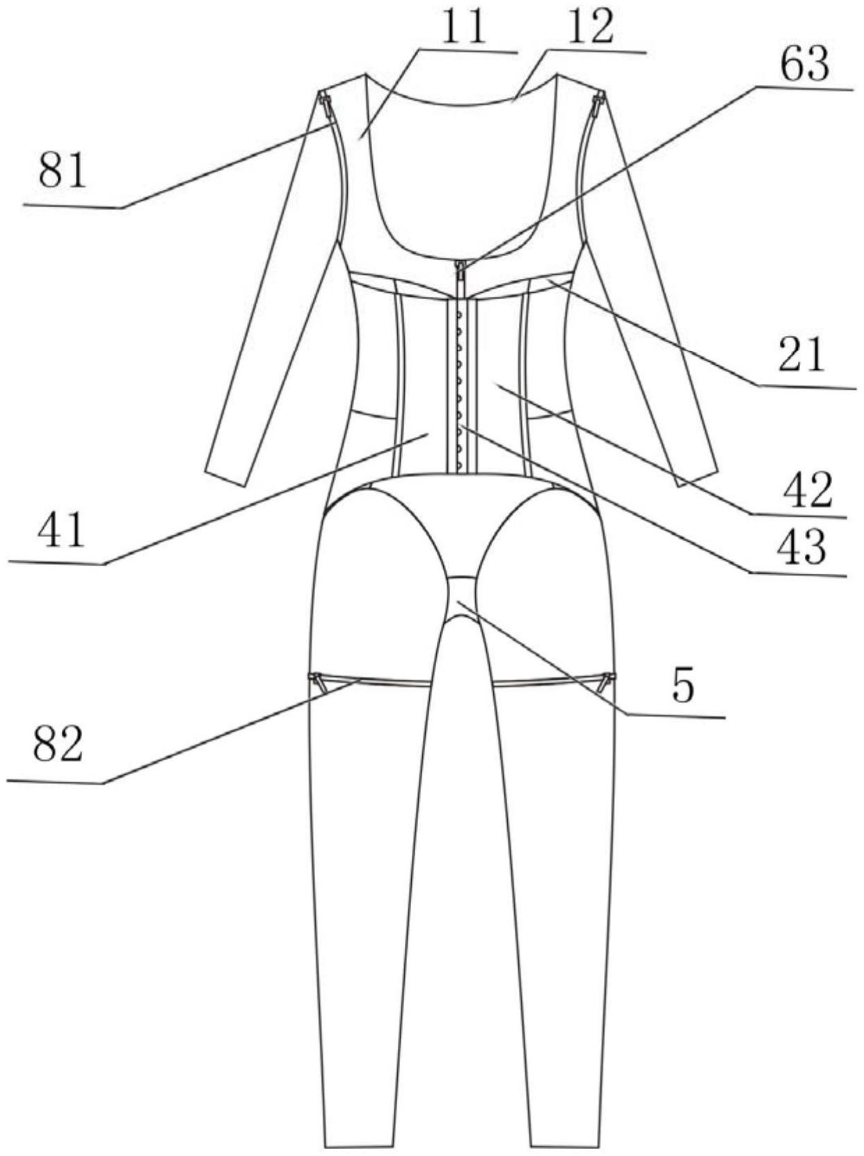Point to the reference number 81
click(63, 171)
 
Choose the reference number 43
click(801, 547)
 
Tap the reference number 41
click(61, 531)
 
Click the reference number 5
click(682, 687)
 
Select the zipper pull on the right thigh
click(609, 678)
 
